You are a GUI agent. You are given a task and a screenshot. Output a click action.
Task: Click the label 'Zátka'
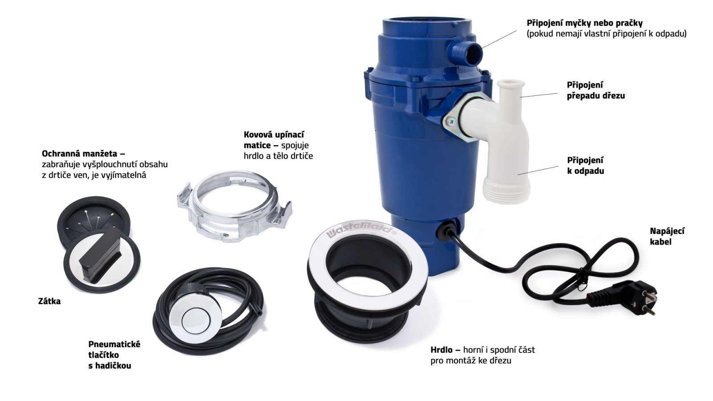click(49, 301)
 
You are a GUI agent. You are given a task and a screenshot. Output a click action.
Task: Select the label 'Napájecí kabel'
click(667, 236)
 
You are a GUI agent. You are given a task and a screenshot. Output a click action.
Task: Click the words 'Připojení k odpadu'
click(586, 165)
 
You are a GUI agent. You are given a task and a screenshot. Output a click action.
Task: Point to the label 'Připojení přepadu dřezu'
click(596, 90)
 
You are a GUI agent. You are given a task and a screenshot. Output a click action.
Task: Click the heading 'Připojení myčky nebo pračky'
click(585, 23)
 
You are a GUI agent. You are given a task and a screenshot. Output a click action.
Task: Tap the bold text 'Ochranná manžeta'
click(83, 153)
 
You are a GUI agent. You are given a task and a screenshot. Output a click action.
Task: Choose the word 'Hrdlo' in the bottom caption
click(442, 350)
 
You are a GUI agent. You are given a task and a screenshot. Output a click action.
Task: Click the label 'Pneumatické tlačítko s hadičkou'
click(114, 355)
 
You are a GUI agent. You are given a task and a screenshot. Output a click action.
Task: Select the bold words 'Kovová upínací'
click(274, 135)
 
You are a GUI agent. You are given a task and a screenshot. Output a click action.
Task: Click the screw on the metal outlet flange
click(451, 121)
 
